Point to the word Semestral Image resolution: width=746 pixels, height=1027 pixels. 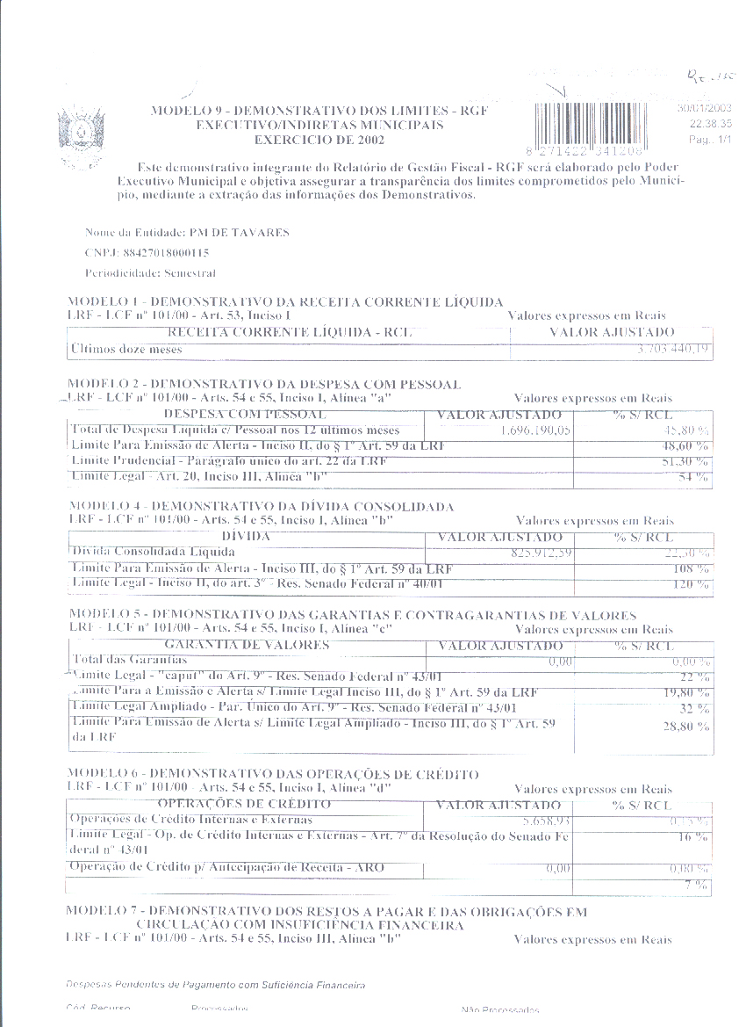190,273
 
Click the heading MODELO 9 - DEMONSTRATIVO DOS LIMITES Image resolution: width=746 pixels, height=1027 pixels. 319,112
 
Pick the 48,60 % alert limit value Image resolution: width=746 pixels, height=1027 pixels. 687,446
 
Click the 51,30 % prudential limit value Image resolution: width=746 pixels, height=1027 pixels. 687,461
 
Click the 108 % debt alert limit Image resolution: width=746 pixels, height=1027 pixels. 693,568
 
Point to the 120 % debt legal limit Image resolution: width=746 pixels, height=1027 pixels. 693,584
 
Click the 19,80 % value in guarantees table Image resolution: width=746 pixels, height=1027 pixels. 687,692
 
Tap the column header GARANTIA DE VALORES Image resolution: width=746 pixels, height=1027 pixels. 247,645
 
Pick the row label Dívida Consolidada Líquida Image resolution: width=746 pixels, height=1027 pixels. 154,552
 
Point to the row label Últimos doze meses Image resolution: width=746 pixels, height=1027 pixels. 126,349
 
